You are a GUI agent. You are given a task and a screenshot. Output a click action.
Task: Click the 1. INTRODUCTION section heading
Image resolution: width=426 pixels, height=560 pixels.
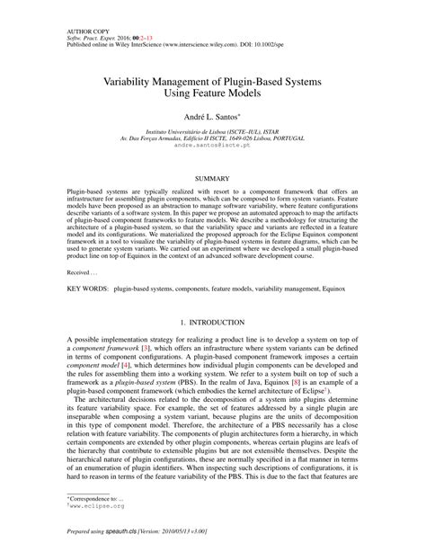pyautogui.click(x=212, y=321)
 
